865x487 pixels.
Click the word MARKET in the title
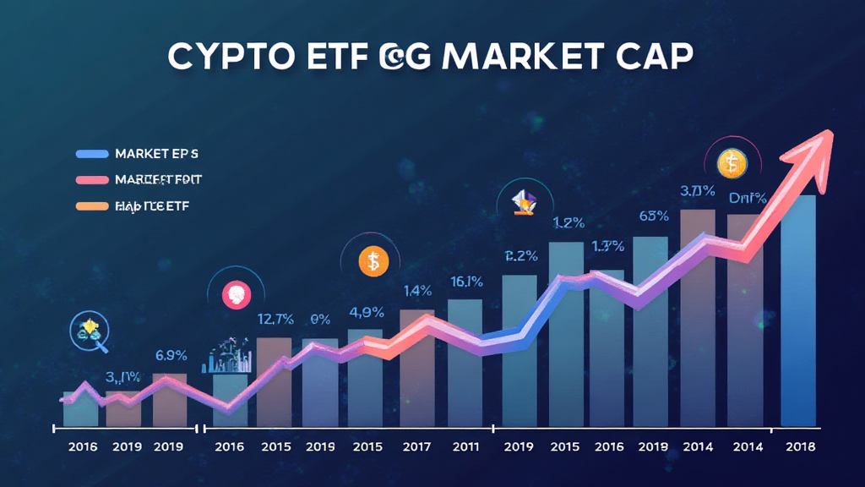(516, 57)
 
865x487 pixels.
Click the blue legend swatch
(92, 154)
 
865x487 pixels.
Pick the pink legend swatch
(92, 180)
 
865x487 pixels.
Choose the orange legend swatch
(92, 205)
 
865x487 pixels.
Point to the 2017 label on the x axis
(417, 446)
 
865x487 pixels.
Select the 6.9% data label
(171, 354)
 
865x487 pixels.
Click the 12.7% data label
(275, 319)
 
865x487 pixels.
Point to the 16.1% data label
(466, 282)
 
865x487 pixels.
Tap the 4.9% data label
(367, 312)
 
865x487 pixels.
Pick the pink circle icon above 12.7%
(232, 294)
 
